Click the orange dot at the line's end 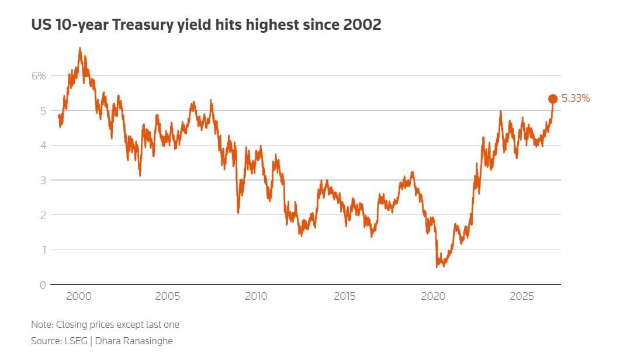(553, 99)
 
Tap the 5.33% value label (576, 99)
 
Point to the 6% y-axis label (39, 76)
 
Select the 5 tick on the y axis (43, 111)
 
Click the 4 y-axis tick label (43, 146)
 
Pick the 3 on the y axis (43, 181)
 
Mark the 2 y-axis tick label (43, 215)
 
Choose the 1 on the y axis (43, 250)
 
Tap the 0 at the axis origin (43, 285)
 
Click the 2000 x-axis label (79, 296)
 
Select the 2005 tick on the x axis (167, 296)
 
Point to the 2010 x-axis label (256, 296)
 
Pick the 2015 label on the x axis (344, 296)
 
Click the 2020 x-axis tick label (433, 296)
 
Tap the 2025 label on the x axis (522, 296)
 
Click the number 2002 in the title (362, 25)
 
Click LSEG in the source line (76, 341)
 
